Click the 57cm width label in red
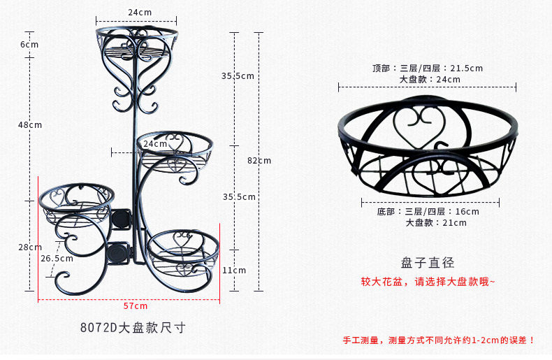pyautogui.click(x=136, y=306)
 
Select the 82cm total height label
pyautogui.click(x=259, y=160)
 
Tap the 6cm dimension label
pyautogui.click(x=29, y=45)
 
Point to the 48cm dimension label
pyautogui.click(x=30, y=125)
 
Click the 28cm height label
pyautogui.click(x=29, y=247)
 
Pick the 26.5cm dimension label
pyautogui.click(x=57, y=259)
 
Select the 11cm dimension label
pyautogui.click(x=234, y=271)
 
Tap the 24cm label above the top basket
pyautogui.click(x=140, y=13)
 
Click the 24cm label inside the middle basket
pyautogui.click(x=154, y=144)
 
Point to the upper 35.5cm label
pyautogui.click(x=238, y=75)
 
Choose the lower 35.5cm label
pyautogui.click(x=238, y=197)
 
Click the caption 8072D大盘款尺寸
pyautogui.click(x=133, y=327)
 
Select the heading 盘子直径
pyautogui.click(x=428, y=263)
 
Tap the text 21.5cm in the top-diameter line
pyautogui.click(x=466, y=69)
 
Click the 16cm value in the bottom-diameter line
pyautogui.click(x=467, y=212)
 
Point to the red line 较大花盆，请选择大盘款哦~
pyautogui.click(x=428, y=282)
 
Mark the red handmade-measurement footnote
pyautogui.click(x=438, y=340)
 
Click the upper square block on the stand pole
pyautogui.click(x=121, y=219)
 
